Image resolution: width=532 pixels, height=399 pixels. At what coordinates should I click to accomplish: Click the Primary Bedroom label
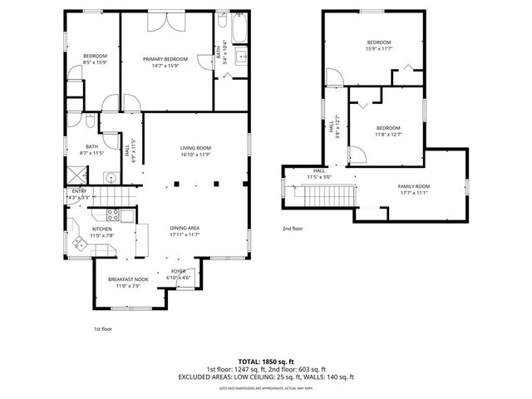(x=165, y=59)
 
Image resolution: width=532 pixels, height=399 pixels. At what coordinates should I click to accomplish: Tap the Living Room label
(x=196, y=148)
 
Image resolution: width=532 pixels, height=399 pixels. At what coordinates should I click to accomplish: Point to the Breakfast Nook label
(x=128, y=279)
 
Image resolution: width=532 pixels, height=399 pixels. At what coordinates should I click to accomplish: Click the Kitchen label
(x=101, y=229)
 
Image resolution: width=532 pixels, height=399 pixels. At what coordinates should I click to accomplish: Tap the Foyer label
(x=179, y=271)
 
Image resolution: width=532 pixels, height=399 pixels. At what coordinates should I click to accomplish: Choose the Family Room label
(x=413, y=186)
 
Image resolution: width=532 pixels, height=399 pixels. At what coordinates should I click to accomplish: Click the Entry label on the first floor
(x=79, y=190)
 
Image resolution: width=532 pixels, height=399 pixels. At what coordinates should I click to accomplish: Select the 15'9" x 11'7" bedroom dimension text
(x=378, y=49)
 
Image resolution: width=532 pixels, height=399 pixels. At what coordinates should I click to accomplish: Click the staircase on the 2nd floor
(x=330, y=198)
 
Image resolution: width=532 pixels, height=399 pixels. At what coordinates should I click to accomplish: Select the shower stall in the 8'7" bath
(x=78, y=175)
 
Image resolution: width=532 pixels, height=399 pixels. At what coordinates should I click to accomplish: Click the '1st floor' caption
(x=101, y=328)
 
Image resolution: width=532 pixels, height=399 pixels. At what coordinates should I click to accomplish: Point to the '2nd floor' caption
(x=292, y=228)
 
